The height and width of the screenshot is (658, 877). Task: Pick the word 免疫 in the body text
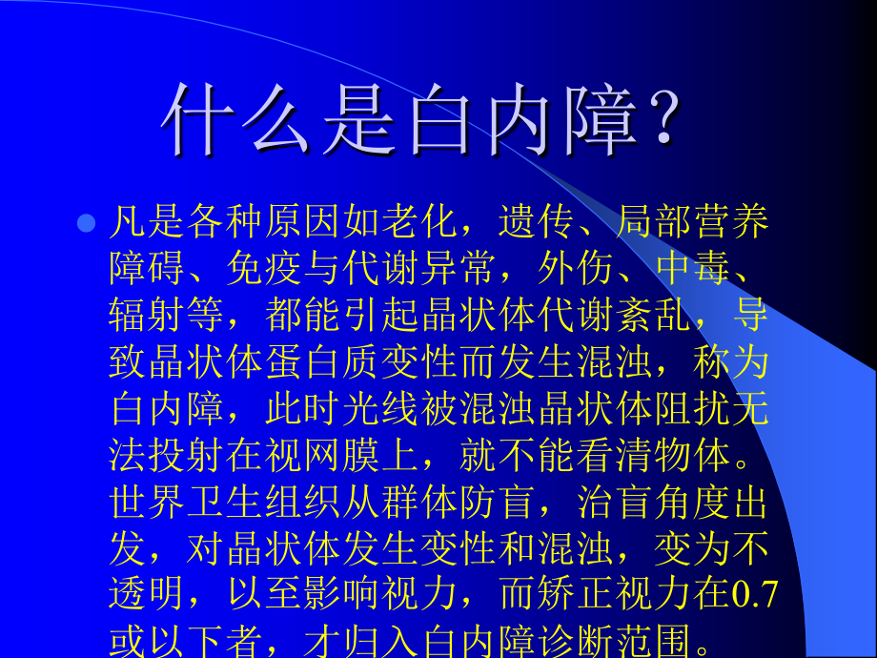(x=268, y=269)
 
